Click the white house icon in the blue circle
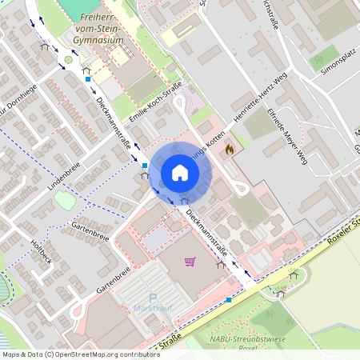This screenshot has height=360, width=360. click(179, 173)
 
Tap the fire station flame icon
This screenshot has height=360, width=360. click(230, 148)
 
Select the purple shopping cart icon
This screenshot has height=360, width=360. click(190, 261)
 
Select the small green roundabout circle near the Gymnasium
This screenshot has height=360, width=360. click(69, 59)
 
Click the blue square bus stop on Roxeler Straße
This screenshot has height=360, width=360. click(229, 300)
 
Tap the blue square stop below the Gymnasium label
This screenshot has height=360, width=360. click(86, 79)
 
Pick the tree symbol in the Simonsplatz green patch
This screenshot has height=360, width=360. click(324, 56)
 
